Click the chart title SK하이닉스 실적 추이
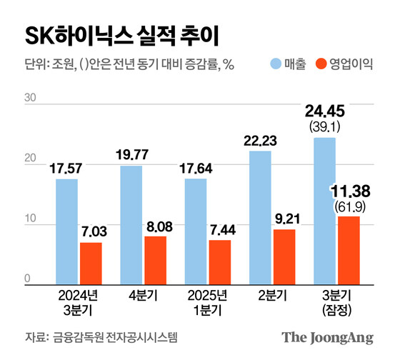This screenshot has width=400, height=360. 121,34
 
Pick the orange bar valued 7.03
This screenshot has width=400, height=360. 90,264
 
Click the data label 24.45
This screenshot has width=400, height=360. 325,112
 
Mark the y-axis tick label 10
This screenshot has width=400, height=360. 29,225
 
